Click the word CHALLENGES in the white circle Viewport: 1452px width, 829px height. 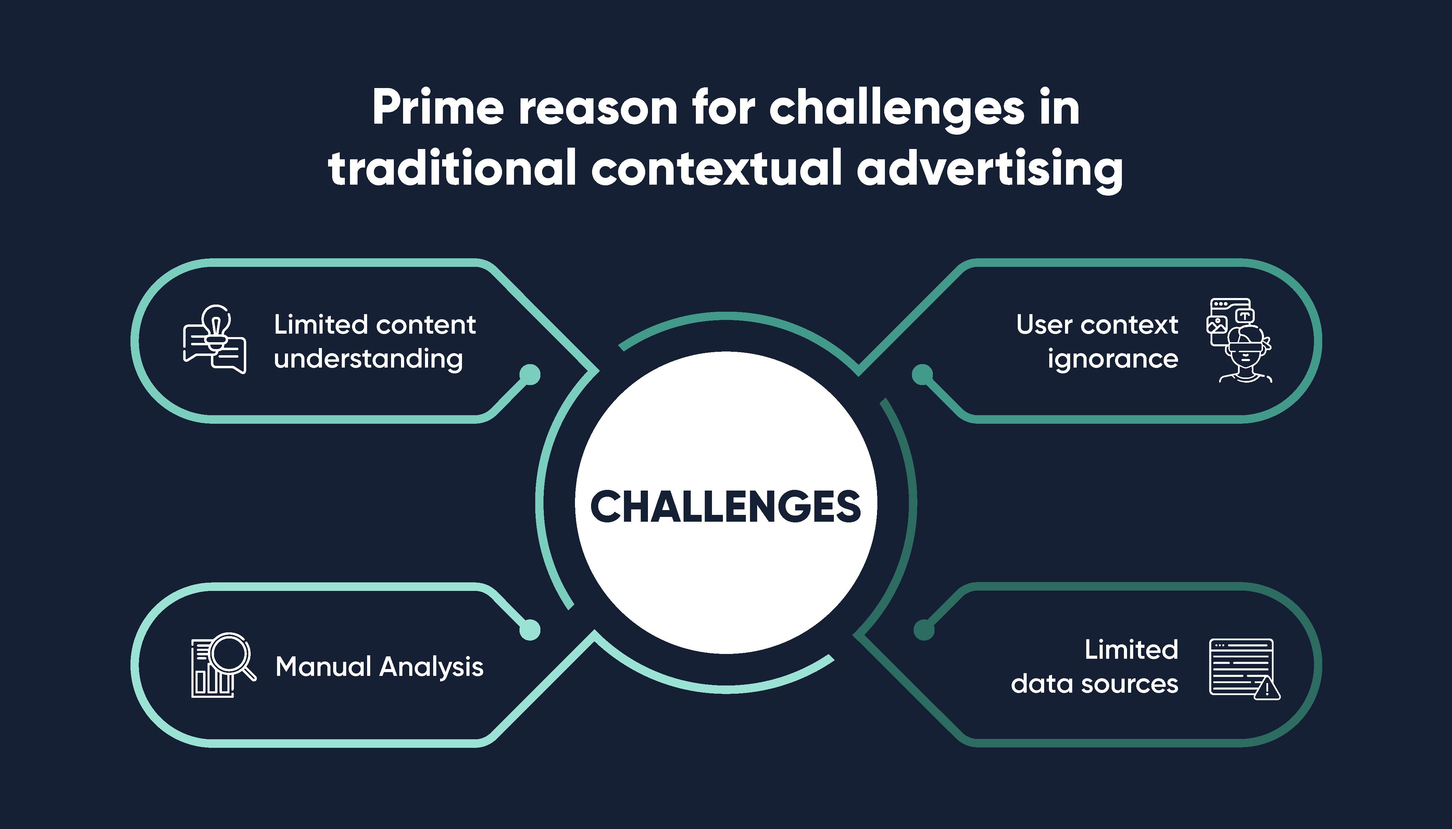click(726, 506)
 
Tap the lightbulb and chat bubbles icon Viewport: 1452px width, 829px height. click(215, 339)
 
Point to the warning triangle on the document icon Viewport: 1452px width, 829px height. click(1267, 688)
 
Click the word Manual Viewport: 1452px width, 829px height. click(323, 666)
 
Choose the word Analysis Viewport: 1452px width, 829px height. click(432, 667)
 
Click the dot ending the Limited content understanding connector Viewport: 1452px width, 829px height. click(530, 375)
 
